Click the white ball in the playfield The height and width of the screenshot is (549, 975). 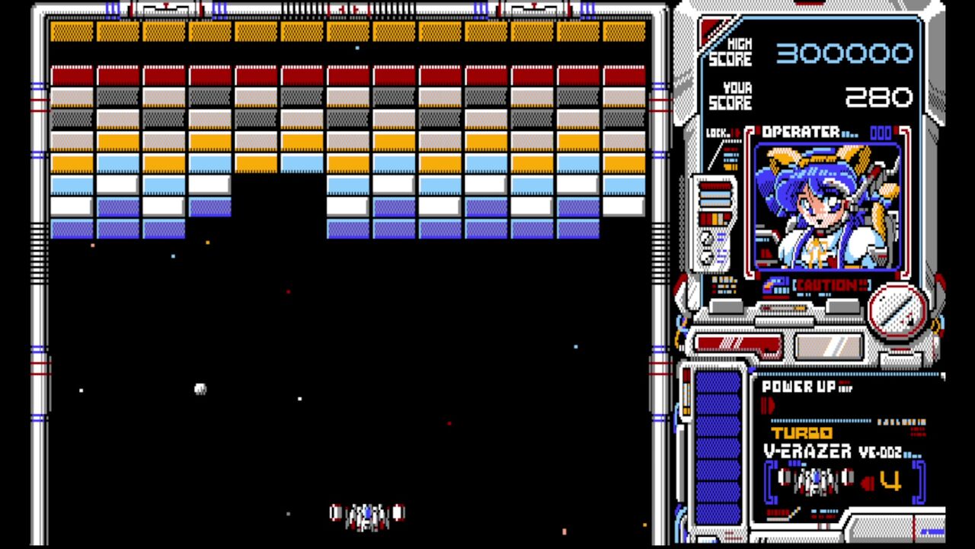[x=200, y=389]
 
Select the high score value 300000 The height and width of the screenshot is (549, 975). [x=844, y=53]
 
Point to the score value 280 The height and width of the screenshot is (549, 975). [x=878, y=97]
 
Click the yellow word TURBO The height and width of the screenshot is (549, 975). [x=801, y=433]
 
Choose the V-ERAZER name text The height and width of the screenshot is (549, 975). [x=807, y=451]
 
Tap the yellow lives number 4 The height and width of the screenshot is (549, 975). [x=890, y=481]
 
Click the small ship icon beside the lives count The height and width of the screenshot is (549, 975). [x=815, y=481]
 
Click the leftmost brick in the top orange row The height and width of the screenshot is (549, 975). [x=72, y=31]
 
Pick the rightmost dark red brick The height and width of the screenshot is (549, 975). [x=625, y=75]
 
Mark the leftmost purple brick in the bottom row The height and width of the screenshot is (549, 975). [x=72, y=229]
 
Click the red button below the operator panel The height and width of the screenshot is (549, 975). [x=737, y=345]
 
